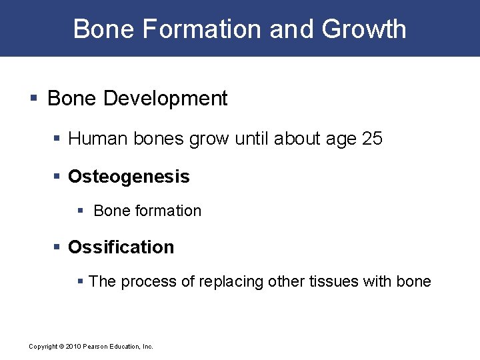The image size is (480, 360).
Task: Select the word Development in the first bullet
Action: (165, 99)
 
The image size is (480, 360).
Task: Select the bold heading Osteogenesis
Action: (129, 177)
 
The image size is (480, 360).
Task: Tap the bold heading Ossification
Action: (121, 247)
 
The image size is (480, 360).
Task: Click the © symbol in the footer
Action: (60, 347)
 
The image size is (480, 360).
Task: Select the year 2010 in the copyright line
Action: (72, 347)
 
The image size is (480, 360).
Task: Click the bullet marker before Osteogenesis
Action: (57, 177)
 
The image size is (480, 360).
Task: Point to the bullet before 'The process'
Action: (81, 281)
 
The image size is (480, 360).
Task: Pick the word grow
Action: (203, 139)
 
